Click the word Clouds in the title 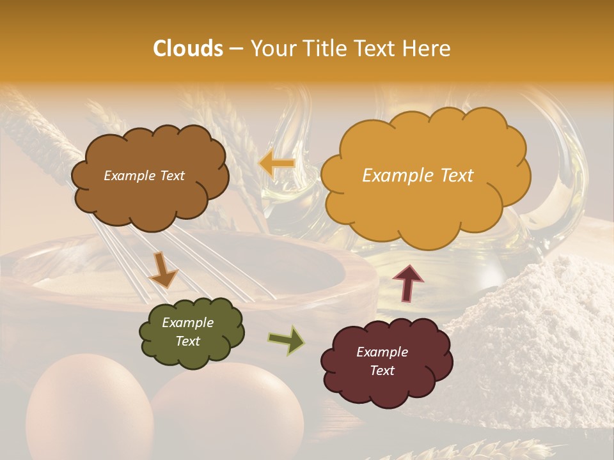188,49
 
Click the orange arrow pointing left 276,164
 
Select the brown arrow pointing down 163,271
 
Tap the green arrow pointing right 286,340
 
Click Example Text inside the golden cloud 418,176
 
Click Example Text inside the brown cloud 144,176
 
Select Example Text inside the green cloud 187,332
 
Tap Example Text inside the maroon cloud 382,362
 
